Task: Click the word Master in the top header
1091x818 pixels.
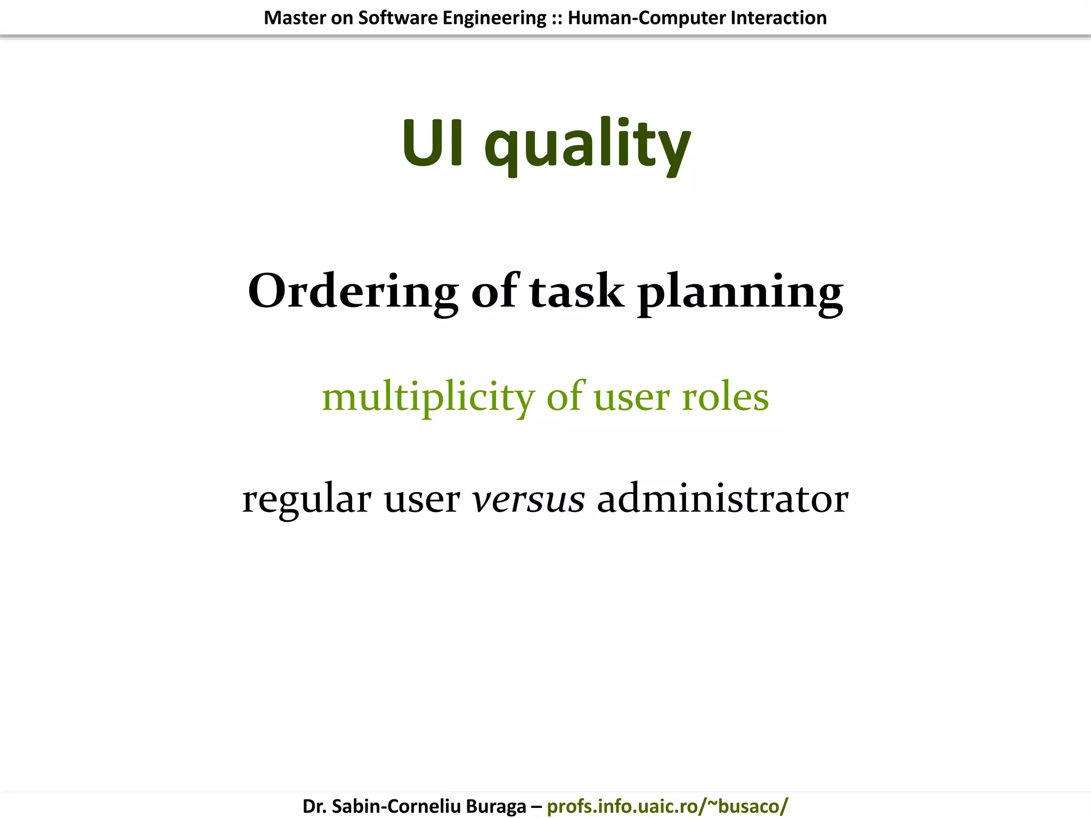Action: pos(295,18)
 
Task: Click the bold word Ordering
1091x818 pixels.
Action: pos(353,292)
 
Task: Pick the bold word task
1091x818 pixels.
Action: pos(576,292)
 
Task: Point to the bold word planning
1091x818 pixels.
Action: pos(740,293)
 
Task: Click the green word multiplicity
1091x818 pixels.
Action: pos(428,397)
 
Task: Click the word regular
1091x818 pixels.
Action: pos(307,500)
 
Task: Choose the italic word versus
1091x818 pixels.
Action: pos(528,500)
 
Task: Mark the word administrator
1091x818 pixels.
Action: pos(722,498)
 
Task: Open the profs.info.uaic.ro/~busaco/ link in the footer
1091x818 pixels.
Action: pos(667,806)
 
